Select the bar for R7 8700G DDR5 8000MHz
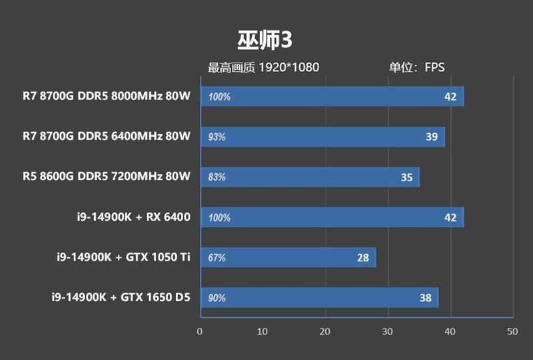point(331,97)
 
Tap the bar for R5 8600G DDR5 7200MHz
point(309,177)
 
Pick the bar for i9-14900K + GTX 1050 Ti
point(287,257)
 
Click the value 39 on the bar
point(432,137)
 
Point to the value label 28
point(363,257)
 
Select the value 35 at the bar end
point(406,177)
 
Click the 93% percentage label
point(217,137)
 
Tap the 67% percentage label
point(217,258)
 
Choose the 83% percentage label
point(217,177)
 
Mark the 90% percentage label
point(217,298)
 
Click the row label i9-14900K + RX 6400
point(134,217)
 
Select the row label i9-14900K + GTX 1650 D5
point(121,297)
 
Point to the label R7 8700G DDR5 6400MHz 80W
point(106,137)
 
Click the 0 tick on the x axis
point(200,331)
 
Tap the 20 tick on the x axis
point(324,331)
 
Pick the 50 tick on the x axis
point(512,331)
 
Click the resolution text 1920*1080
point(289,67)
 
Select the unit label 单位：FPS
point(417,67)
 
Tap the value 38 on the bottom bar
point(426,298)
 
